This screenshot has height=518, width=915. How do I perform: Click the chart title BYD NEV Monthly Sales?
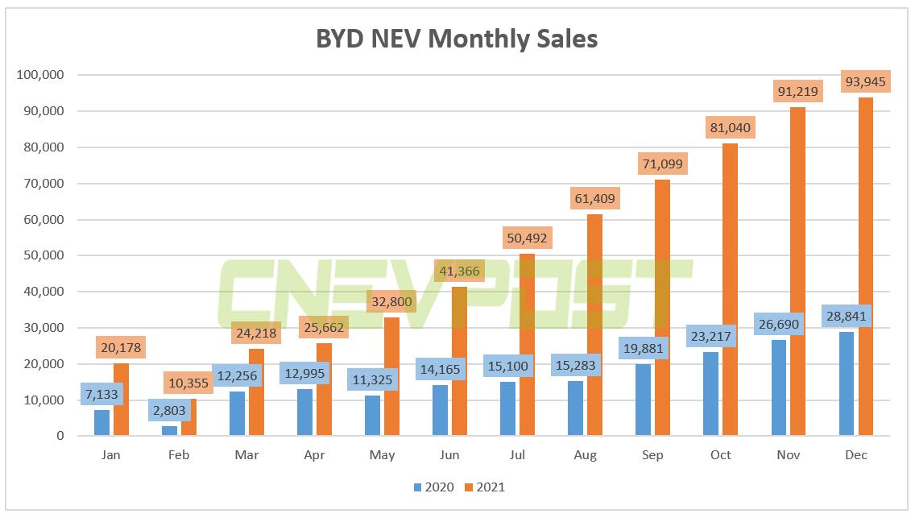click(457, 39)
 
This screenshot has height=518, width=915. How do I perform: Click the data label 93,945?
click(866, 81)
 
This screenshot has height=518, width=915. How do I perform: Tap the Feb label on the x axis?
click(179, 455)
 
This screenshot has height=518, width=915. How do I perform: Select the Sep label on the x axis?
click(652, 455)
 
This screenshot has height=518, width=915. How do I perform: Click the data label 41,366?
click(460, 271)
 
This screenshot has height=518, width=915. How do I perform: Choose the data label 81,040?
click(731, 127)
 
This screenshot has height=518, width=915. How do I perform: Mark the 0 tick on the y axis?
click(60, 436)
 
